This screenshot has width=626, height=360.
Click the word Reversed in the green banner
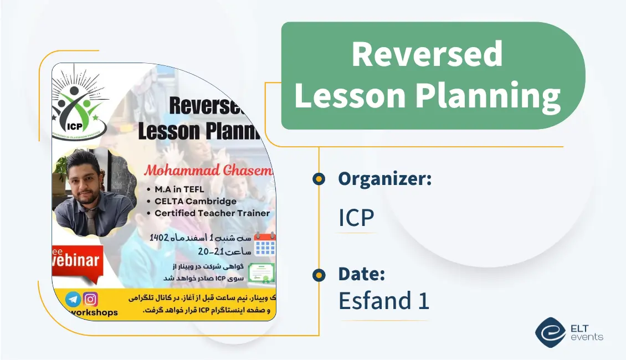[427, 54]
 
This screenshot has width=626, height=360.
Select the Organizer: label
[385, 178]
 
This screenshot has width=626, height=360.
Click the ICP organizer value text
[356, 218]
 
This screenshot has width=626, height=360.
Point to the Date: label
[362, 274]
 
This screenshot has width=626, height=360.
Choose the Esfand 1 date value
[384, 301]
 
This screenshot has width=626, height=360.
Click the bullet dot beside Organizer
[319, 178]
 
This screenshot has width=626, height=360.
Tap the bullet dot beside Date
[319, 274]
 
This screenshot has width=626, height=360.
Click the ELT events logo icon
[550, 332]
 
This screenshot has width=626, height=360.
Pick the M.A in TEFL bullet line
[179, 189]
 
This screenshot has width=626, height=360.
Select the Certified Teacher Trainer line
[212, 213]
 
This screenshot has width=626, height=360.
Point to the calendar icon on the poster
[264, 244]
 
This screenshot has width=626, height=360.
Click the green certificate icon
[261, 272]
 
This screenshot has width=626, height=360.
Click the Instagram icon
[90, 299]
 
